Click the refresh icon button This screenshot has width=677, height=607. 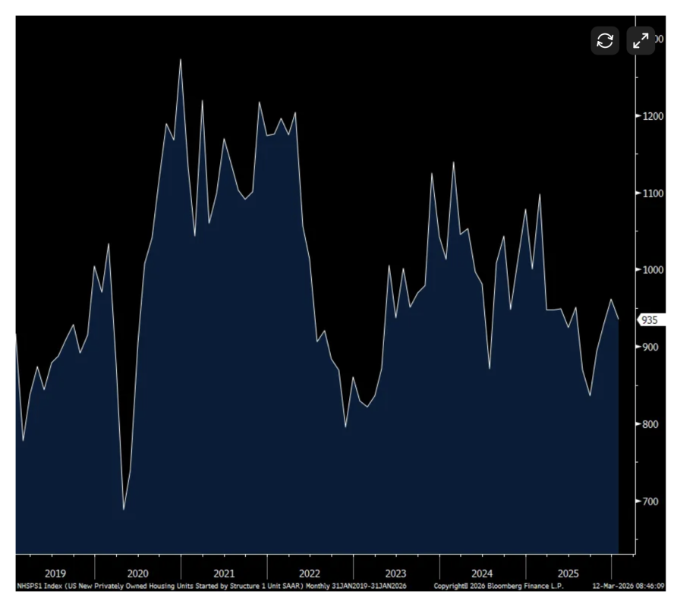coord(605,40)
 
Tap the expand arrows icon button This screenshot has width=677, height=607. coord(641,40)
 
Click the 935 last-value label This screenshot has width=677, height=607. coord(650,320)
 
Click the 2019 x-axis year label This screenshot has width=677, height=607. coord(55,574)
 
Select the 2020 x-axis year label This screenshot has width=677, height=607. coord(137,574)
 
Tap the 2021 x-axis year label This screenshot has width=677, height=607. coord(224,574)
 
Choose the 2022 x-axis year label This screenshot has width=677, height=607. coord(310,574)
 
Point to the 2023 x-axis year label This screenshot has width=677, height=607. coord(396,574)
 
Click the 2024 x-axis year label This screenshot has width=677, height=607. coord(482,574)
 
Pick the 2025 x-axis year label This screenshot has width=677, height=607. coord(568,574)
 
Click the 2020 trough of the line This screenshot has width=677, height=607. coord(124,509)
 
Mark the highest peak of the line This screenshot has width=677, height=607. coord(180,59)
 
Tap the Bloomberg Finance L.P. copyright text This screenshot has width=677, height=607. coord(516,587)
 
